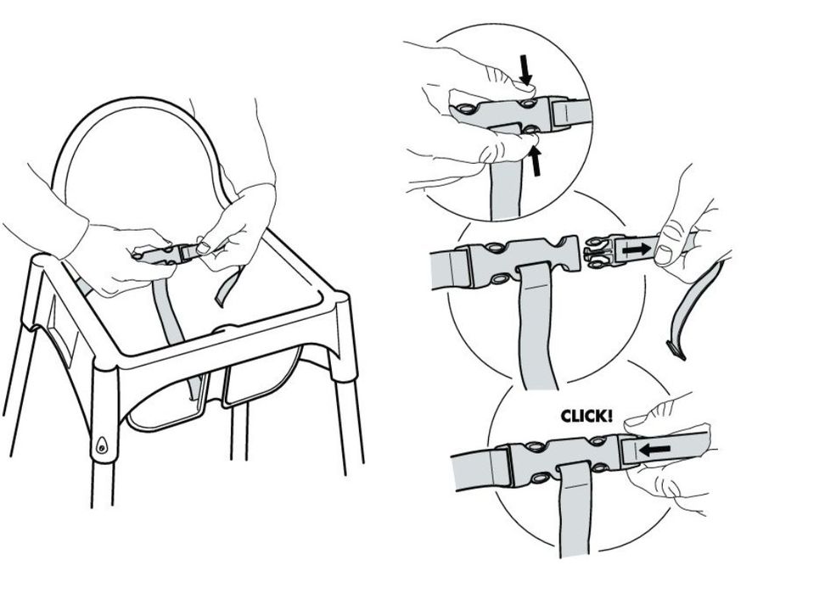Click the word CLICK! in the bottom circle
click(586, 416)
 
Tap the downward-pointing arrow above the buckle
click(525, 70)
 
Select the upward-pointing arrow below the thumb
click(535, 161)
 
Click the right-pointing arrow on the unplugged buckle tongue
click(637, 249)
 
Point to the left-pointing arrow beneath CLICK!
click(655, 449)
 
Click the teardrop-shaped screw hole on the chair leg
click(101, 445)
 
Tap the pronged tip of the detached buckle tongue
click(595, 251)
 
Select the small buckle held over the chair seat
click(163, 254)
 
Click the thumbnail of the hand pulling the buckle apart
click(664, 255)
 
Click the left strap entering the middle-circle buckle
click(450, 269)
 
